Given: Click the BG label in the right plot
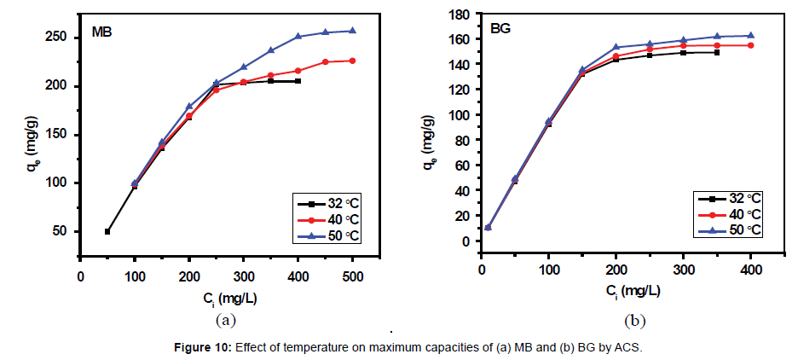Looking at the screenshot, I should (501, 28).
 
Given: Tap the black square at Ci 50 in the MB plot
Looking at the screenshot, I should (107, 231).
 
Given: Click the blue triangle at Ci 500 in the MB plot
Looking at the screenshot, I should (352, 31).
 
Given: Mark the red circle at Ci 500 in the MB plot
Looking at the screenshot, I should (352, 61).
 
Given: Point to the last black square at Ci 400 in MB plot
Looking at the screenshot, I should (298, 81).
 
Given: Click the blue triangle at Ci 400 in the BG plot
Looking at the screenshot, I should (750, 36).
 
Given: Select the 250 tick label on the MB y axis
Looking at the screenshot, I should (55, 38).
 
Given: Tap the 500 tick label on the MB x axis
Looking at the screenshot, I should (352, 276).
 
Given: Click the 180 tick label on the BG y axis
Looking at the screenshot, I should (460, 15).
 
